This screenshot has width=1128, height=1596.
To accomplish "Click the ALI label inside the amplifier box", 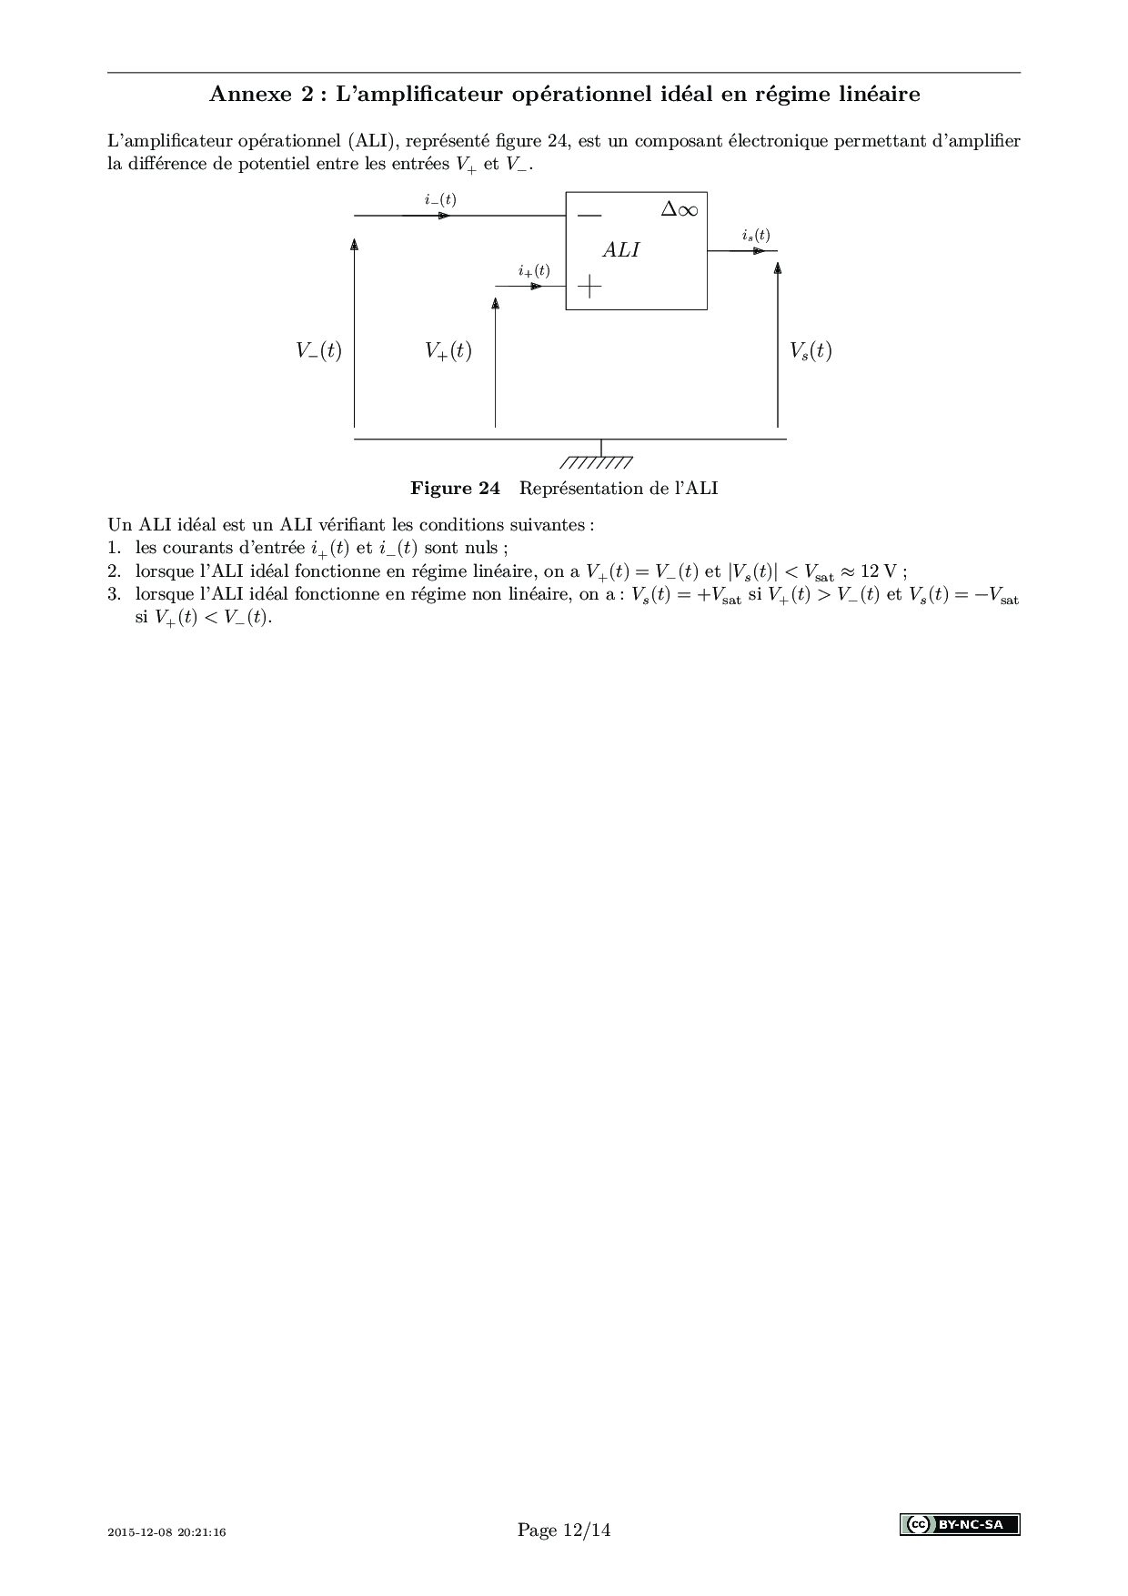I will pyautogui.click(x=621, y=250).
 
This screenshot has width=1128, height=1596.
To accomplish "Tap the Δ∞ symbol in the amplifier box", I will pyautogui.click(x=680, y=209).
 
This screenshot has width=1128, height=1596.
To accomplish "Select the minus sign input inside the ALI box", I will pyautogui.click(x=589, y=216).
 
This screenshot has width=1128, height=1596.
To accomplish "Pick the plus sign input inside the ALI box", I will pyautogui.click(x=589, y=287).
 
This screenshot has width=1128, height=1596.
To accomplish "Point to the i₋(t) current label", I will pyautogui.click(x=440, y=199).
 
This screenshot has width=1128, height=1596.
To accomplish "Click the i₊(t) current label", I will pyautogui.click(x=534, y=270).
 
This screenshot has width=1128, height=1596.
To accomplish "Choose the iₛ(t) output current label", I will pyautogui.click(x=755, y=235).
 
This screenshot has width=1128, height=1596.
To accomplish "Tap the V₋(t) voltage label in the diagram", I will pyautogui.click(x=318, y=351).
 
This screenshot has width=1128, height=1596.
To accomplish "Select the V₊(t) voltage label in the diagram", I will pyautogui.click(x=448, y=351).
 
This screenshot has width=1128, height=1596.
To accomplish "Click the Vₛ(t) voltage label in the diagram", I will pyautogui.click(x=811, y=351).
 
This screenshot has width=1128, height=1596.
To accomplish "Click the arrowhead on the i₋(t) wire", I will pyautogui.click(x=444, y=216).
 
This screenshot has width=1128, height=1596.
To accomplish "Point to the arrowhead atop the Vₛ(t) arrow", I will pyautogui.click(x=778, y=267).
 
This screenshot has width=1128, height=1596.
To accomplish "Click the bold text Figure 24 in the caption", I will pyautogui.click(x=455, y=489).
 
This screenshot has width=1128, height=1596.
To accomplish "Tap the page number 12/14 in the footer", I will pyautogui.click(x=587, y=1530).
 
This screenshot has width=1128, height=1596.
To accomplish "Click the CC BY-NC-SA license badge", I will pyautogui.click(x=960, y=1524).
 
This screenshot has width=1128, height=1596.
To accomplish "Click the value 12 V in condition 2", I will pyautogui.click(x=878, y=571).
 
